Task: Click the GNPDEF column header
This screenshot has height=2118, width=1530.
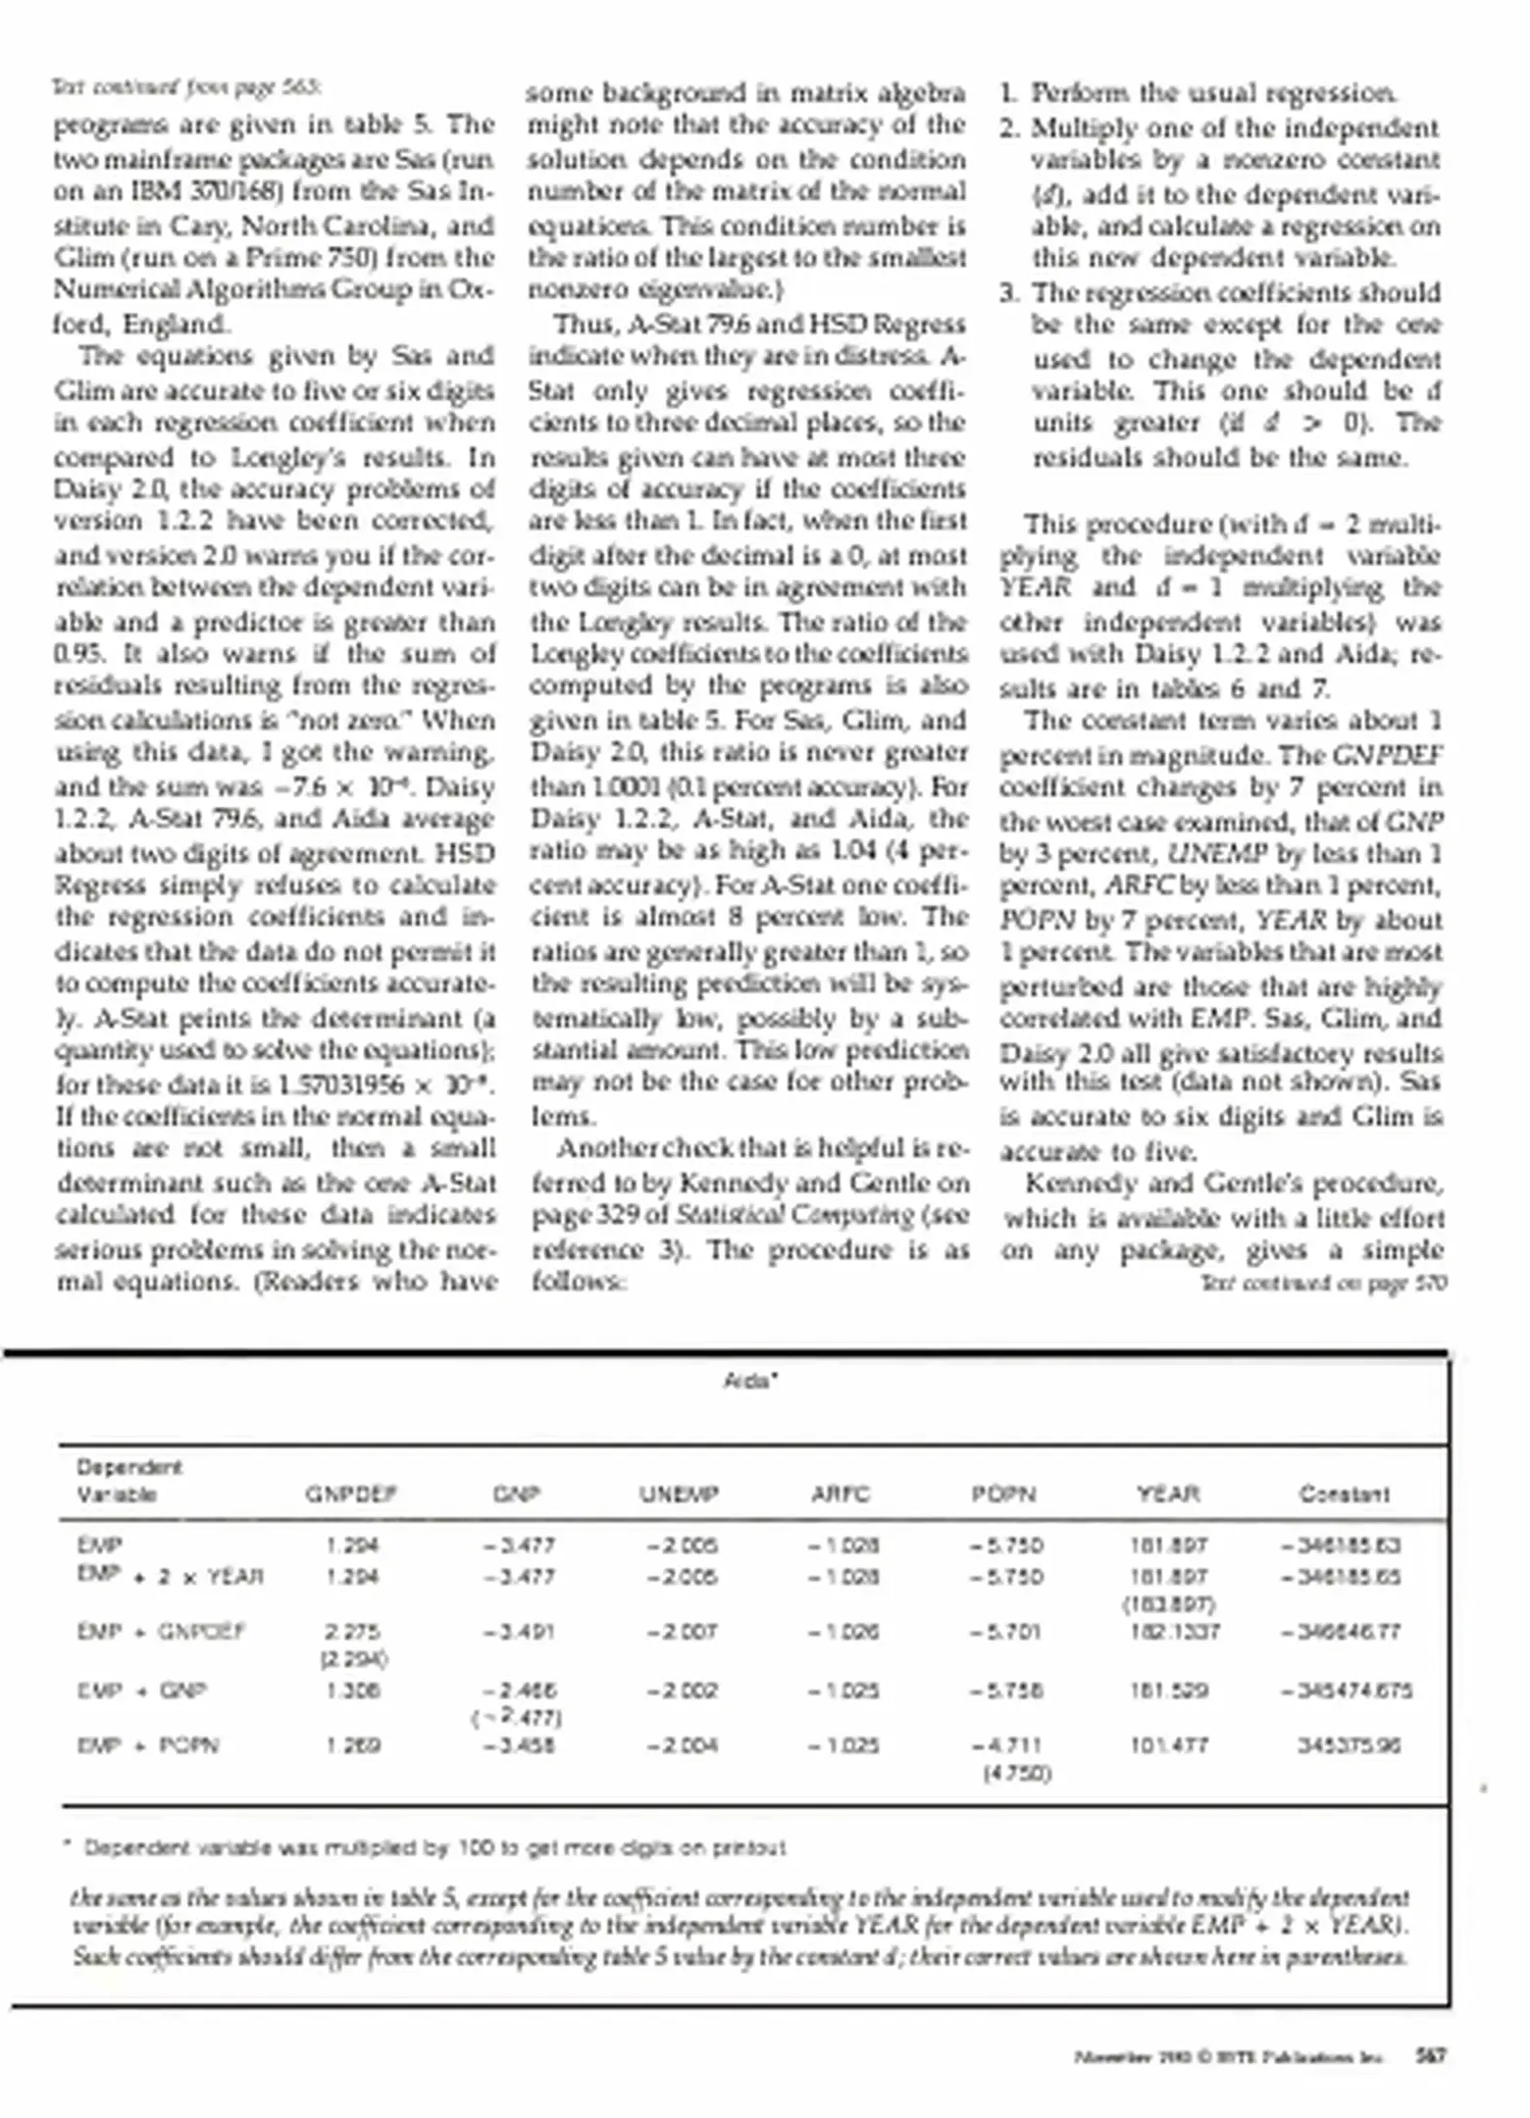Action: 350,1494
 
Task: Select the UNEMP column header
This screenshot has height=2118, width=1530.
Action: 680,1494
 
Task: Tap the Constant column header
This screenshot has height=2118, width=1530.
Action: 1344,1494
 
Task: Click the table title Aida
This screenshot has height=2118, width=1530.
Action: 750,1381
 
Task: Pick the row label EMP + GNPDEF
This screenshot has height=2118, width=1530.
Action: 161,1632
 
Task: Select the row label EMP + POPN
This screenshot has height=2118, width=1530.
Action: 148,1745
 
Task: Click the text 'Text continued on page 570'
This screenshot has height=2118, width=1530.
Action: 1323,1283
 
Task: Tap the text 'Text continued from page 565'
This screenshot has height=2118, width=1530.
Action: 186,88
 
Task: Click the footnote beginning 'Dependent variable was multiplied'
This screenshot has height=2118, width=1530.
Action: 432,1848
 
